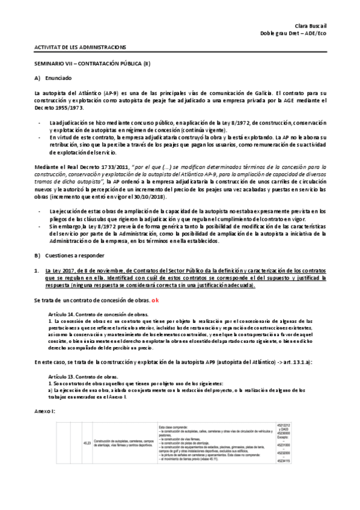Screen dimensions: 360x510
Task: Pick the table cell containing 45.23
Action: pyautogui.click(x=87, y=444)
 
